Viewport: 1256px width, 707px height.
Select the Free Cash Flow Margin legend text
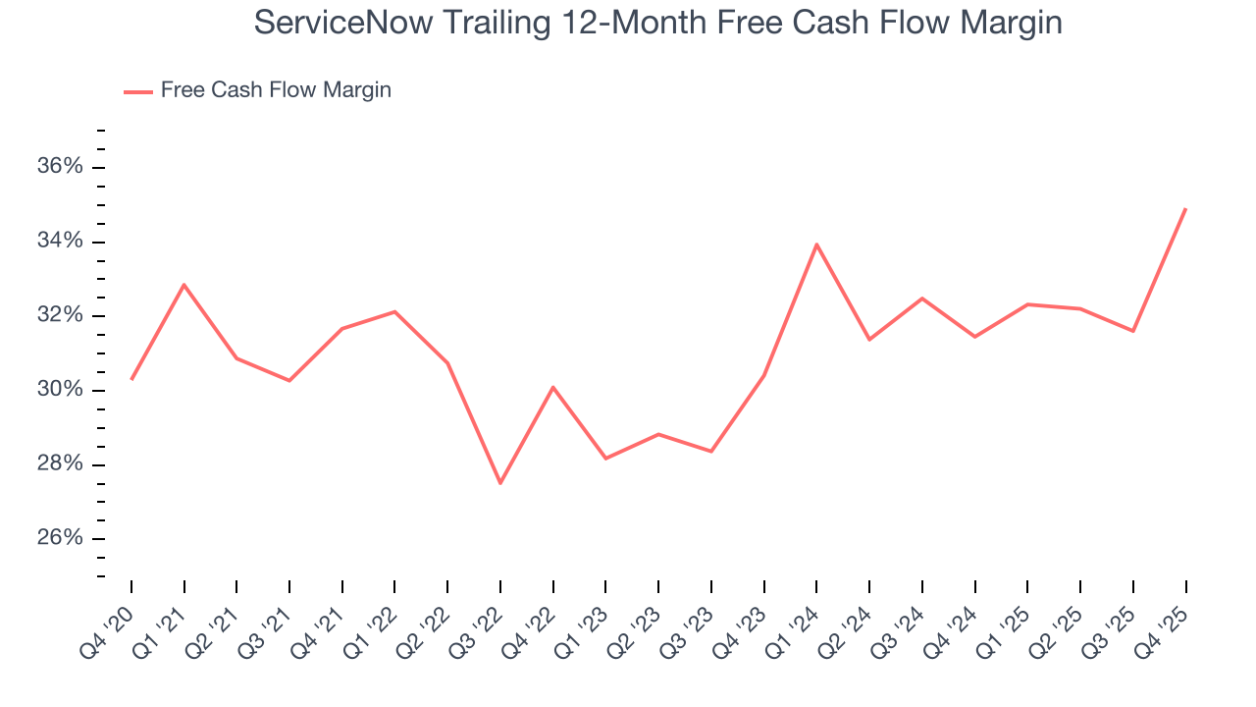pyautogui.click(x=276, y=90)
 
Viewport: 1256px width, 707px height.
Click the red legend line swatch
pyautogui.click(x=138, y=91)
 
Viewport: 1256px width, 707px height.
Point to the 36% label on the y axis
pyautogui.click(x=60, y=167)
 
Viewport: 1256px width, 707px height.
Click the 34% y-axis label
pyautogui.click(x=60, y=242)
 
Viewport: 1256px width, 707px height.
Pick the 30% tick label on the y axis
pyautogui.click(x=60, y=390)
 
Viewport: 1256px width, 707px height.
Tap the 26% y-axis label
pyautogui.click(x=60, y=538)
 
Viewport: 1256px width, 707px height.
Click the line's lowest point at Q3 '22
pyautogui.click(x=500, y=482)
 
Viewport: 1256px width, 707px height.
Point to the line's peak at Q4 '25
pyautogui.click(x=1185, y=209)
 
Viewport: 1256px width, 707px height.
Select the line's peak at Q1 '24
pyautogui.click(x=816, y=245)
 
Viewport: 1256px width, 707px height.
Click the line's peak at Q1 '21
pyautogui.click(x=184, y=285)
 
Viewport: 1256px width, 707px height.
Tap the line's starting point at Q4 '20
pyautogui.click(x=131, y=379)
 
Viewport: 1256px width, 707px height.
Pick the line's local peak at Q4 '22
pyautogui.click(x=553, y=387)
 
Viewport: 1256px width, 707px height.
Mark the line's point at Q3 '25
pyautogui.click(x=1133, y=331)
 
